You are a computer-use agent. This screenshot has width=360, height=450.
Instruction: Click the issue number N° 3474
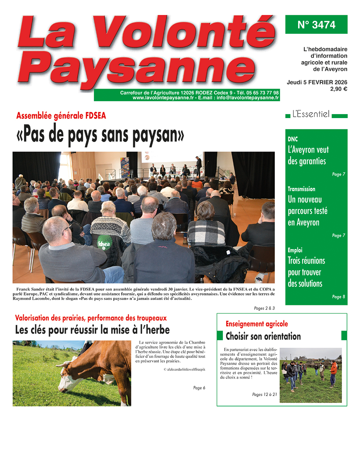(x=316, y=25)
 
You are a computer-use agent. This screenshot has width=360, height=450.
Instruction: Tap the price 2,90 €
(x=338, y=89)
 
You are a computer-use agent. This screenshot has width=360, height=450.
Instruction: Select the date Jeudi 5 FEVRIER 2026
(x=317, y=82)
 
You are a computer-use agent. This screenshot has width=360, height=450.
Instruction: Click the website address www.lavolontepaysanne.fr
(x=163, y=98)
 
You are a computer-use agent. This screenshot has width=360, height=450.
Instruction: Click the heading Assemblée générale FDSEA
(x=61, y=116)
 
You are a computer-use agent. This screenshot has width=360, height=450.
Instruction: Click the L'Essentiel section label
(x=311, y=114)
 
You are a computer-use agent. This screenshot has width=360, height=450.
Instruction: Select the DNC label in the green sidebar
(x=293, y=139)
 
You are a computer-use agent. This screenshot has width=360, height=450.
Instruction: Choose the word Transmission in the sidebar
(x=301, y=189)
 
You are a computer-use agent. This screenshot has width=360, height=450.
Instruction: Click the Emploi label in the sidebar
(x=295, y=250)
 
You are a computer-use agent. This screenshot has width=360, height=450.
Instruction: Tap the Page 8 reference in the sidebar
(x=338, y=297)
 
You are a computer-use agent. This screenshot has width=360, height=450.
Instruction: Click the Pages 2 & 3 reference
(x=264, y=308)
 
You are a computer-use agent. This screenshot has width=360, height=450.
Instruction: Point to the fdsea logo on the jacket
(x=104, y=244)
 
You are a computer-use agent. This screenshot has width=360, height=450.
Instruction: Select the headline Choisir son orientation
(x=263, y=336)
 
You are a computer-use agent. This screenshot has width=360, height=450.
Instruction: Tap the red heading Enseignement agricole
(x=257, y=324)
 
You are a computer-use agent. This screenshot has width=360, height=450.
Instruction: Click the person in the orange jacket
(x=333, y=371)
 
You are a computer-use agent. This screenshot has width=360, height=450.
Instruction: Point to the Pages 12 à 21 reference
(x=265, y=395)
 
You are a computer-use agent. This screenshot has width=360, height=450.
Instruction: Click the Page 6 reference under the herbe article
(x=199, y=388)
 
